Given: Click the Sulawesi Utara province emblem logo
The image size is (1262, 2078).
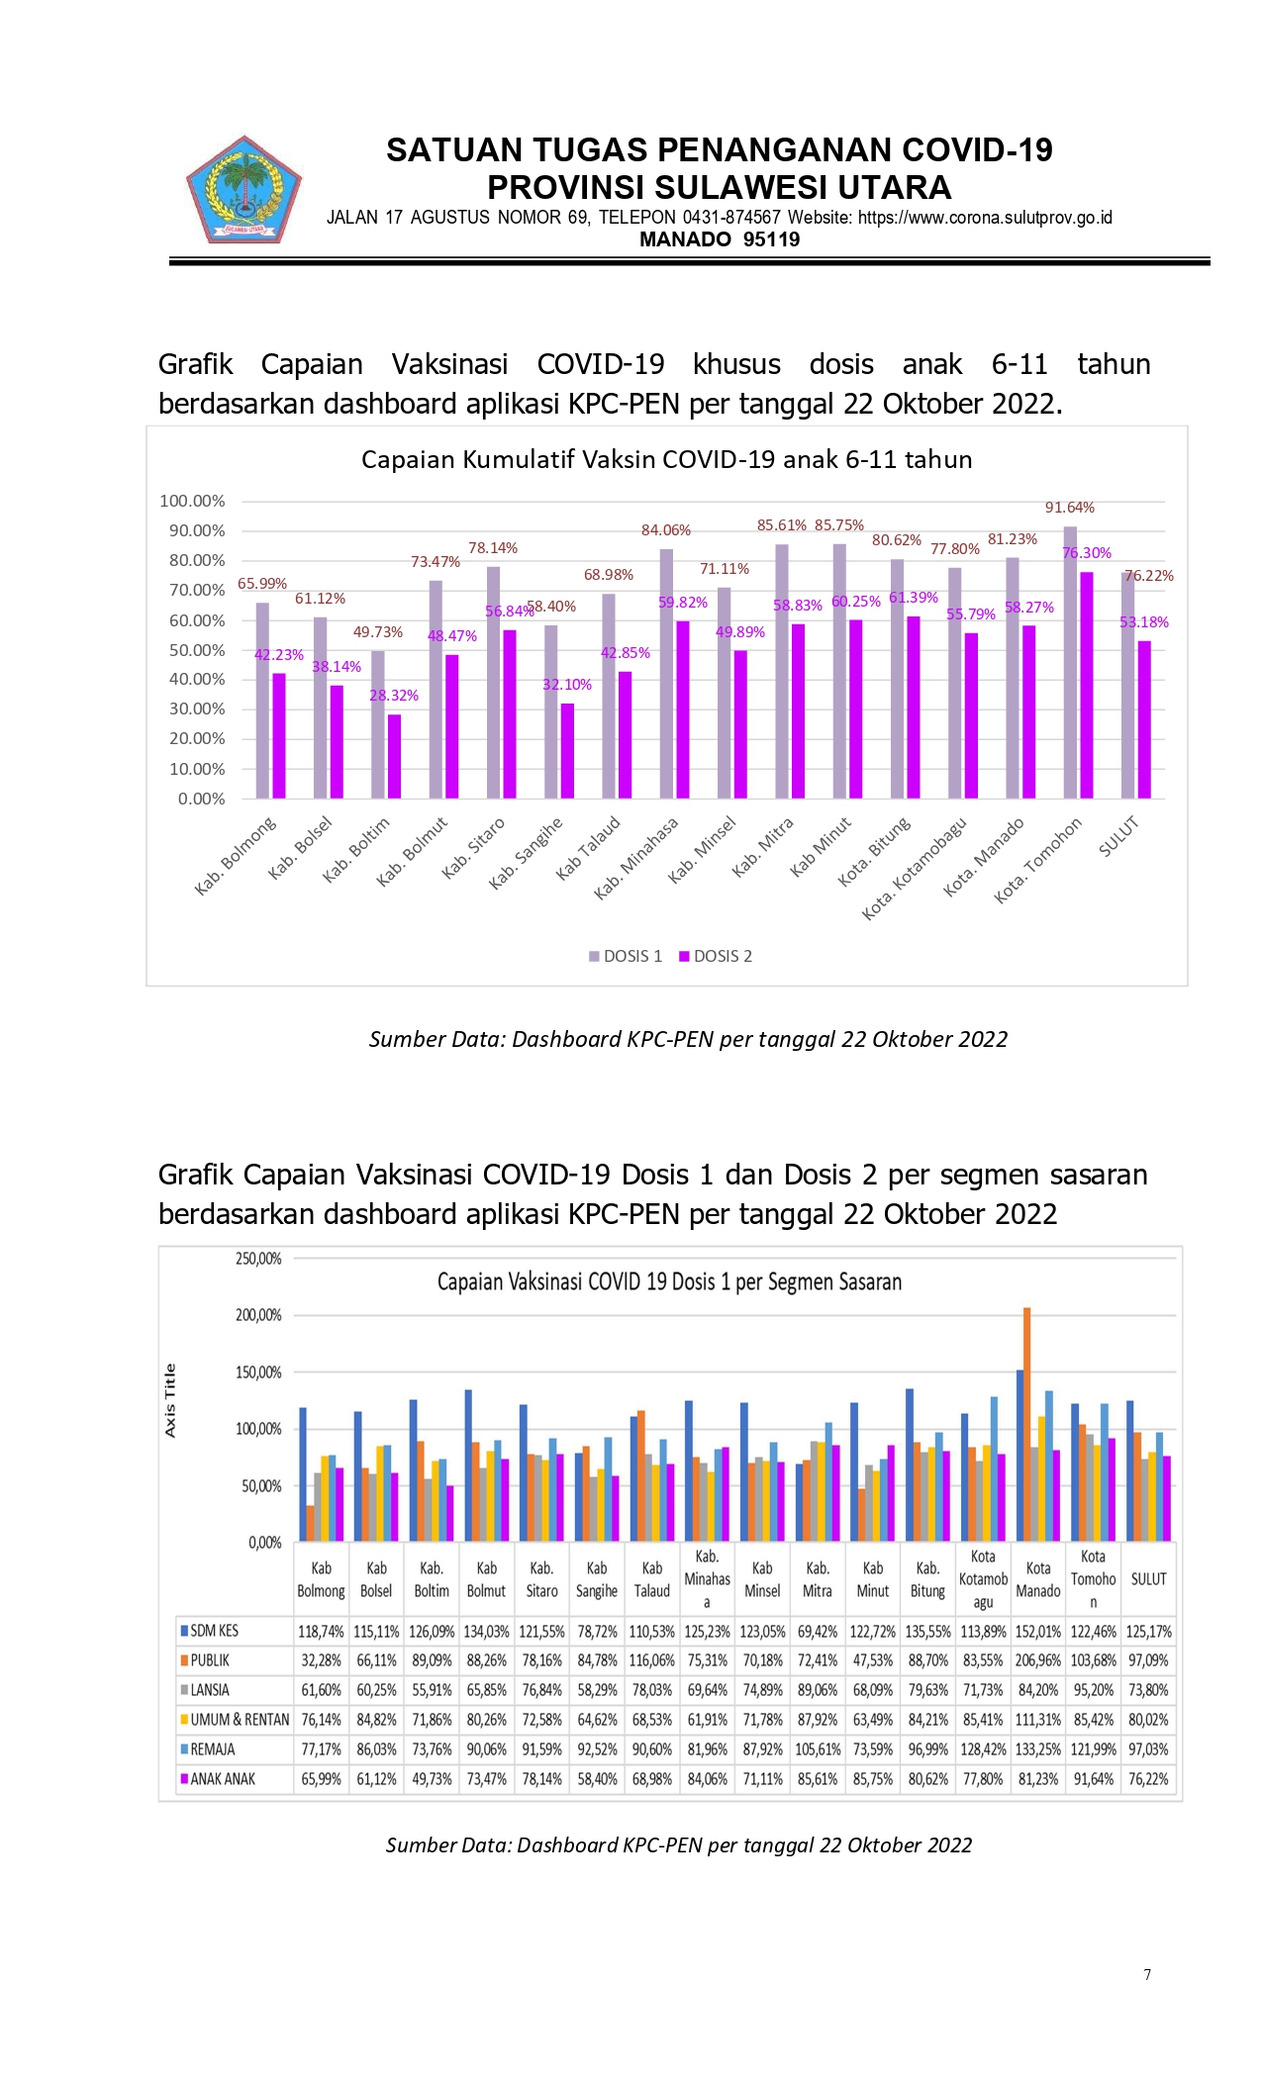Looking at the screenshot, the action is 243,191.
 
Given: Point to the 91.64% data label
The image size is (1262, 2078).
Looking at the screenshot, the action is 1070,508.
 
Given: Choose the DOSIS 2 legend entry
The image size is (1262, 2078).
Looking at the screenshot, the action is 716,956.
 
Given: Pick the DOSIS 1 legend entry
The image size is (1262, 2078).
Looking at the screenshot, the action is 626,956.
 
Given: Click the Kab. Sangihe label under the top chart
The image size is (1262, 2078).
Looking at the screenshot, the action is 526,852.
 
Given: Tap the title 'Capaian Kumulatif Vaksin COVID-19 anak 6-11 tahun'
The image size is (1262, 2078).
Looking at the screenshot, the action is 667,459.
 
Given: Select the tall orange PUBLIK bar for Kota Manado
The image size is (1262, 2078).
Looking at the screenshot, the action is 1027,1424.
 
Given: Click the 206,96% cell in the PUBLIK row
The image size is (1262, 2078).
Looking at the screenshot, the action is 1038,1660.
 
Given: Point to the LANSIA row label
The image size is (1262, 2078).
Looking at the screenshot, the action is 210,1690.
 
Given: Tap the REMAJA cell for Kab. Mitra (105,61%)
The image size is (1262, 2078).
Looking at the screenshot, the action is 818,1749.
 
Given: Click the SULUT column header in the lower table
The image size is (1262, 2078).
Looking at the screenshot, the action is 1148,1579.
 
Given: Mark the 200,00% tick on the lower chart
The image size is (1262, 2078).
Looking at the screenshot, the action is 258,1315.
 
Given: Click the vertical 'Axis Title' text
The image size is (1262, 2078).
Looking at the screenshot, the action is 170,1400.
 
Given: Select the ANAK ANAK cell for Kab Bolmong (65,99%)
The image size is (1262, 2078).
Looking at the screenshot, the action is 321,1779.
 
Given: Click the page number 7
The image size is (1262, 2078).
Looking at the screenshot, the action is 1147,1975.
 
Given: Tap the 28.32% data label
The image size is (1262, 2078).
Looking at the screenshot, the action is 394,696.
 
